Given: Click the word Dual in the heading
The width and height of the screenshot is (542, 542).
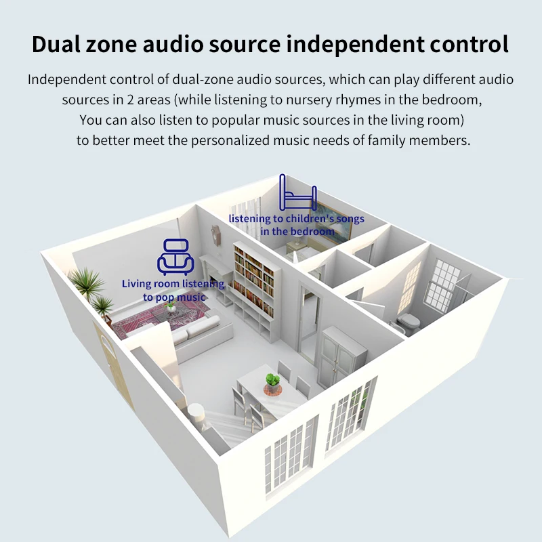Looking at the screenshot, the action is (x=56, y=44).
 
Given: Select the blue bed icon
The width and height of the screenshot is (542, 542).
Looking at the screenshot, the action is (x=298, y=192).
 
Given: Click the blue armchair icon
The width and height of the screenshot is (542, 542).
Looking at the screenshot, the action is (x=175, y=257).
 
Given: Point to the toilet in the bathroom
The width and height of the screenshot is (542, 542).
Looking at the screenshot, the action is (x=408, y=323).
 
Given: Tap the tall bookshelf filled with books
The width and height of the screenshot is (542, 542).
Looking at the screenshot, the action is (x=253, y=279).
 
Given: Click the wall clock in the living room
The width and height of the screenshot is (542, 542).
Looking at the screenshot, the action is (x=216, y=235).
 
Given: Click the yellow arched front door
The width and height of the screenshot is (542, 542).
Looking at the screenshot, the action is (x=112, y=364).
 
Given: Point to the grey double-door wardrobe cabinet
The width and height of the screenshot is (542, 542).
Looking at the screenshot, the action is (x=343, y=357).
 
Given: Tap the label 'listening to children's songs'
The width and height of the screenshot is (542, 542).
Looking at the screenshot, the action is (x=297, y=219).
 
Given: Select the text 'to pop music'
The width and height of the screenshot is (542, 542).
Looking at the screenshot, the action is (x=174, y=297).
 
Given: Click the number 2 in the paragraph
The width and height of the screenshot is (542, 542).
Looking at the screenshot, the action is (x=130, y=100).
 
